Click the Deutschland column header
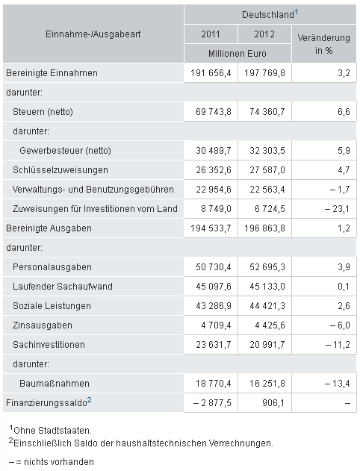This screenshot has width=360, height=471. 267,14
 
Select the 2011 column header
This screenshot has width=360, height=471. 211,34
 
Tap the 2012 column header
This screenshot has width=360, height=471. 264,34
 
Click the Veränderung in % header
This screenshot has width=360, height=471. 323,44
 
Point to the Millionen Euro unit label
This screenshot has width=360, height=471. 237,54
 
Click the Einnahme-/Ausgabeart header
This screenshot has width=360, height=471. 93,34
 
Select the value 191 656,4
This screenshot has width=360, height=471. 211,73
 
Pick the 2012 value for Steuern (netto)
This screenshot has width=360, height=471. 267,112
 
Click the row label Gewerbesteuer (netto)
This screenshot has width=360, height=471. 65,151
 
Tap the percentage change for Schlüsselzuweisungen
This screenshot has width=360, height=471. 344,170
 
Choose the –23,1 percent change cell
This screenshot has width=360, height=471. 337,209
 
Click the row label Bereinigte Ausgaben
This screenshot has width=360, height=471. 49,228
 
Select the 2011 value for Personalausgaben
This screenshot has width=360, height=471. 214,267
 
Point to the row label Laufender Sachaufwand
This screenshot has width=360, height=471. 63,287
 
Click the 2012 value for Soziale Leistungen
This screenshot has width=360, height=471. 267,306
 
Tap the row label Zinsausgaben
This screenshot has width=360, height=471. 43,325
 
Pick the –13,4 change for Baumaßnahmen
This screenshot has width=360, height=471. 337,384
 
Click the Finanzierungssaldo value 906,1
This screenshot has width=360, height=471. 273,403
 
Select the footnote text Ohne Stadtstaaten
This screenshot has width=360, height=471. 52,431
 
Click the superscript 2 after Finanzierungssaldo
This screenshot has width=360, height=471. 89,400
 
